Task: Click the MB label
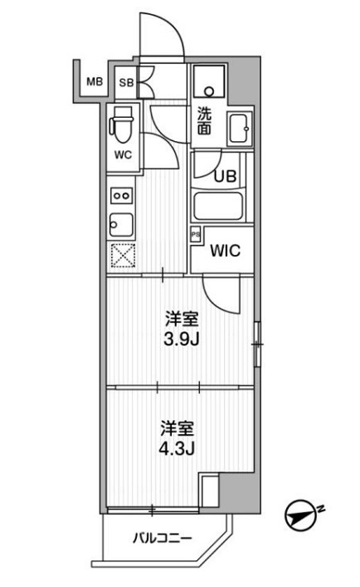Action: click(94, 83)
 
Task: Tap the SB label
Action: click(126, 83)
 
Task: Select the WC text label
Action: click(123, 155)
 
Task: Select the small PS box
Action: click(196, 235)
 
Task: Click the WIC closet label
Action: click(225, 251)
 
